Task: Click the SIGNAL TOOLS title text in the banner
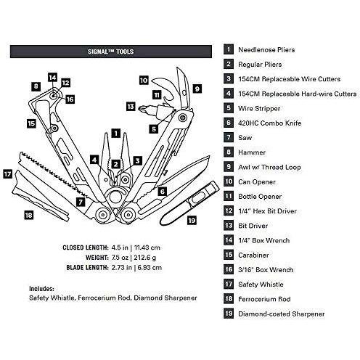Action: click(x=110, y=52)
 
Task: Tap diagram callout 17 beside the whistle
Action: click(x=7, y=174)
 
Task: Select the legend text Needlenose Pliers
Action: click(x=266, y=50)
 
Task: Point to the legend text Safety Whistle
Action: click(x=261, y=285)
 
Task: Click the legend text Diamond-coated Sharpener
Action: click(x=282, y=314)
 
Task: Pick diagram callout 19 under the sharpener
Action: click(x=192, y=221)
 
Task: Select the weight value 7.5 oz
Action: click(x=120, y=258)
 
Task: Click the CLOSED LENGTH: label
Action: click(x=86, y=247)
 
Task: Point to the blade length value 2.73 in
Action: click(x=120, y=268)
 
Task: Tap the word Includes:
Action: click(x=41, y=289)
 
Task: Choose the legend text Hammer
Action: click(x=252, y=152)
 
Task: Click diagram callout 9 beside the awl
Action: click(x=197, y=89)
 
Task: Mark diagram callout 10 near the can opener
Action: click(x=144, y=81)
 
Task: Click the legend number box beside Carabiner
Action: click(x=229, y=255)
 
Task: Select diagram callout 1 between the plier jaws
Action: click(x=116, y=134)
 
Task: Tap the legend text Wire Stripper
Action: click(x=259, y=109)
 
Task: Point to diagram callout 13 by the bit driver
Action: click(x=131, y=107)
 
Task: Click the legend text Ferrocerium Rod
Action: click(x=264, y=299)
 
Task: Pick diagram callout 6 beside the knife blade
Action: click(x=163, y=192)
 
